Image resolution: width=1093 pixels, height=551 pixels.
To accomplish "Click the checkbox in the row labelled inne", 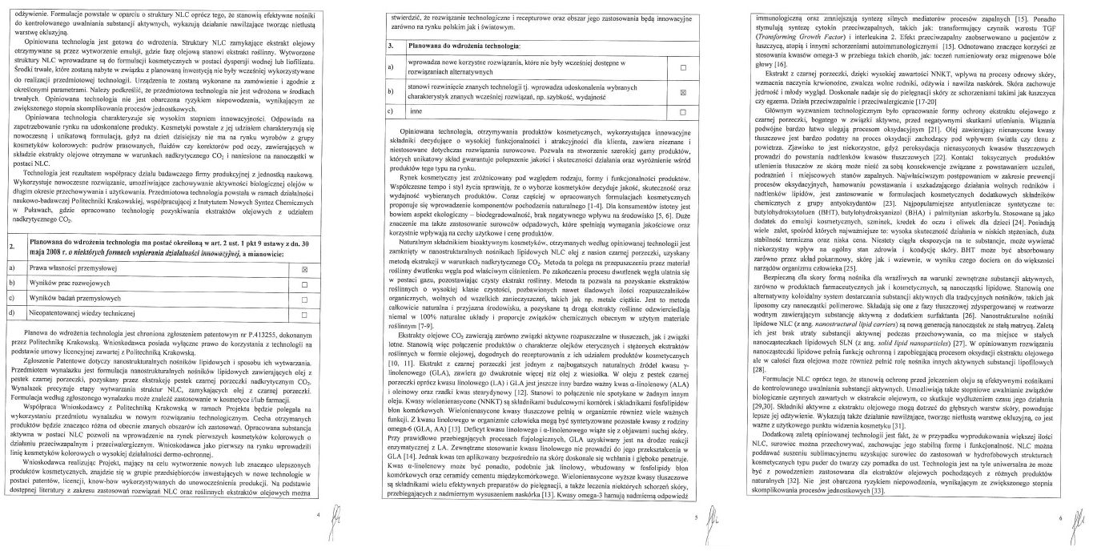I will [x=683, y=112].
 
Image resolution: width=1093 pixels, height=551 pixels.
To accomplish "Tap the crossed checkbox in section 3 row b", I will [x=683, y=92].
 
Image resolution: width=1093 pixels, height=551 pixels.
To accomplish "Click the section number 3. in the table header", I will [x=389, y=47].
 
